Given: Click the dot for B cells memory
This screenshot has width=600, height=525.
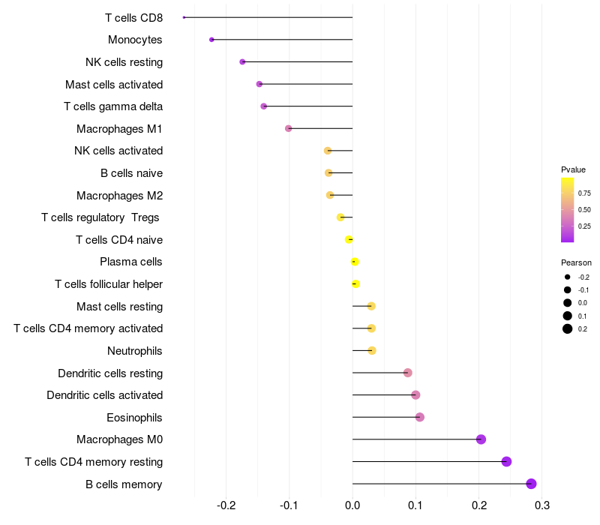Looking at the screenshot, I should point(531,484).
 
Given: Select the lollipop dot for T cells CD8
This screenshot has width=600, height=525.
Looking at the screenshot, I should point(184,17).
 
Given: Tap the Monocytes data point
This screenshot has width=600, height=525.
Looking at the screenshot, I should point(211,40).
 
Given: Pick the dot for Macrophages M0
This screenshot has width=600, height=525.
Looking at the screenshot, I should point(481,439).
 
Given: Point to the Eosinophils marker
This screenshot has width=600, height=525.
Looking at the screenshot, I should point(419,417).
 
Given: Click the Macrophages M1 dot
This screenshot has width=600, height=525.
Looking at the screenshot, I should point(288,128).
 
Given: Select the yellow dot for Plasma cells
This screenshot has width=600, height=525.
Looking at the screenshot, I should point(355,262).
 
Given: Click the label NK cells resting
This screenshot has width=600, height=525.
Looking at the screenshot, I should point(124,61).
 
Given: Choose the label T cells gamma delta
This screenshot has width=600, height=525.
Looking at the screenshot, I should point(113,106).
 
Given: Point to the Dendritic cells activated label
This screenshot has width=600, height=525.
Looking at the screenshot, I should point(104,394).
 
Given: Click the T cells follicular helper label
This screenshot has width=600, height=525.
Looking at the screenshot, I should point(109,284).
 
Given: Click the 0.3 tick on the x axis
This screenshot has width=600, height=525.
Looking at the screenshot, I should point(542,505).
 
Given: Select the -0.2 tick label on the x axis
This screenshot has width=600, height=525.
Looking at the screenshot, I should point(226,505).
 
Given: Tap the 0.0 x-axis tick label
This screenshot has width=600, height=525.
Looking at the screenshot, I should point(352,505).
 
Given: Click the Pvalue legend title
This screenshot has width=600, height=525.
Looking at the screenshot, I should point(573,170).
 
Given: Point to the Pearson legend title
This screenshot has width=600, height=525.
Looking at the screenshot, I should point(576,263).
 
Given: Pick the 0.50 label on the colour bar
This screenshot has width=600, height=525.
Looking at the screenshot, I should point(584,209).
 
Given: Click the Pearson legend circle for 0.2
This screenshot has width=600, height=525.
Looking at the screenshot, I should point(568,328).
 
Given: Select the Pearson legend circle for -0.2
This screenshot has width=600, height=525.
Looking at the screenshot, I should point(568,277).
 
